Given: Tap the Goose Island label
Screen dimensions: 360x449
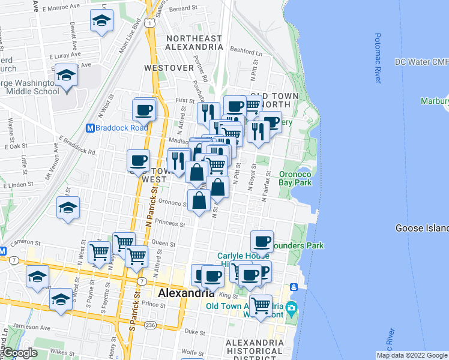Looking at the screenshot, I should click(421, 228).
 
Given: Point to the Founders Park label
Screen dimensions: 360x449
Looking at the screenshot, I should click(297, 245).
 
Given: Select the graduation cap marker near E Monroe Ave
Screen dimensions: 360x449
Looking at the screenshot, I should click(102, 21).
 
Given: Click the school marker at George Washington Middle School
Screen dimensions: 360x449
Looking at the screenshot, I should click(67, 76).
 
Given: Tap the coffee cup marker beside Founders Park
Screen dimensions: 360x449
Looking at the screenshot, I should click(262, 241).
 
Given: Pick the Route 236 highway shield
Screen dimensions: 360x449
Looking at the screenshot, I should click(149, 325).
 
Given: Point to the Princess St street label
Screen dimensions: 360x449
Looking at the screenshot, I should click(170, 224).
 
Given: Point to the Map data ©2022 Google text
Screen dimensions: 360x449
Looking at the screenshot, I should click(412, 355).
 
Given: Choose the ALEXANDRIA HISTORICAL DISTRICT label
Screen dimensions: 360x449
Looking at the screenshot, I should click(254, 347).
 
